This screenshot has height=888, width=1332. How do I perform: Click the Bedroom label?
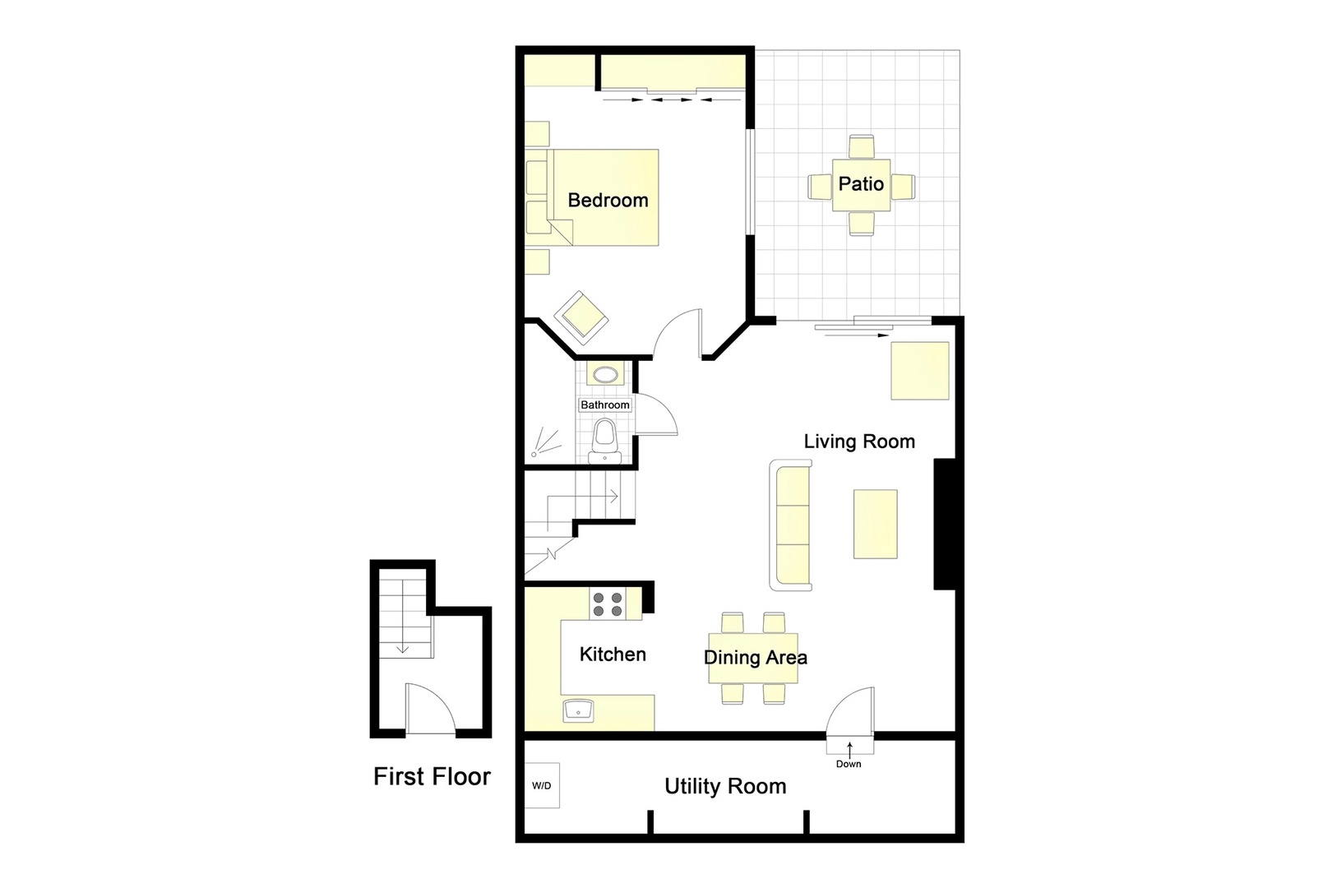608,200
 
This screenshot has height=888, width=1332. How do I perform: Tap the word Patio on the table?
861,183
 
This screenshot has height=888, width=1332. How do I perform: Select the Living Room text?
859,442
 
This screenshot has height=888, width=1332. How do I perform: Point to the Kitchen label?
613,654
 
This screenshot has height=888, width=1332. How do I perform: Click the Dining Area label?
755,658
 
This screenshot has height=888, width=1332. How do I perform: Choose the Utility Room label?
725,787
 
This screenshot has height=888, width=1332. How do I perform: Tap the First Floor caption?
432,777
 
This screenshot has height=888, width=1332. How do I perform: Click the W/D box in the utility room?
542,786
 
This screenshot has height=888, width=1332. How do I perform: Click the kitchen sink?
579,710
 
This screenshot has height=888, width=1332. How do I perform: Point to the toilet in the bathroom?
604,440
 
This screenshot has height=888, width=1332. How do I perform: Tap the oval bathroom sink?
606,376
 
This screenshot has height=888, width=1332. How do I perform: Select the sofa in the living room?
791,525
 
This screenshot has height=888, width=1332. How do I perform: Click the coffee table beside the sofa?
875,525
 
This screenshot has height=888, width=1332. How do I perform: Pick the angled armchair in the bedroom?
581,317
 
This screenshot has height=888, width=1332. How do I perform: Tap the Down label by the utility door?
849,764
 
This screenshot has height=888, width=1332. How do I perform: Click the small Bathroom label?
605,405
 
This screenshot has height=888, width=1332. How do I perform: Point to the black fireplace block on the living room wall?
944,524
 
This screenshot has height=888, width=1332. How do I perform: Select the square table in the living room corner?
920,371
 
